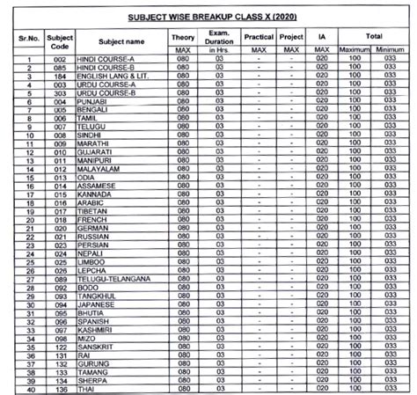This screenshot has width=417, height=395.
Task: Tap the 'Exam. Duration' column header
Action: (x=218, y=40)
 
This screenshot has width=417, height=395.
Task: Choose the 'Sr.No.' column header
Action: (x=30, y=40)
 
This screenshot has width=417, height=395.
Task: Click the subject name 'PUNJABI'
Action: (x=93, y=101)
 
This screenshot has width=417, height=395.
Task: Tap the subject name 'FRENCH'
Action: (x=92, y=220)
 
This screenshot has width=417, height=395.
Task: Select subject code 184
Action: (x=59, y=77)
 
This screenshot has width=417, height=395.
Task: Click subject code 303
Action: (x=59, y=93)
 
